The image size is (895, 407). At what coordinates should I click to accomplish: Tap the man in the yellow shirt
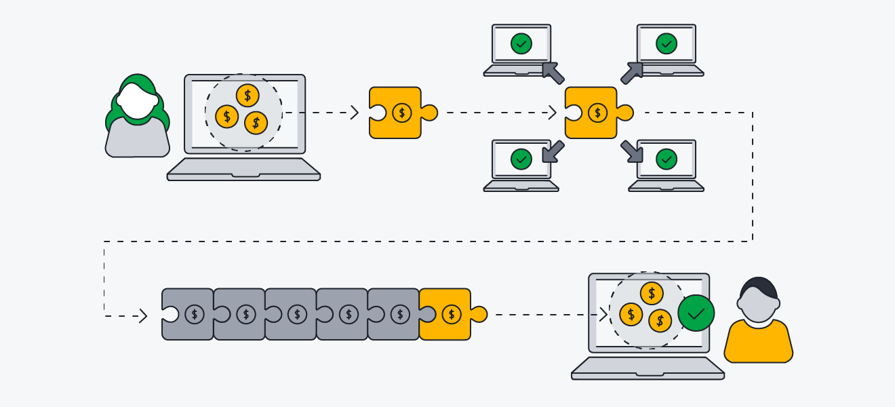pos(758,322)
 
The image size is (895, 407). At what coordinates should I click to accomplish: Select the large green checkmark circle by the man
pos(696,313)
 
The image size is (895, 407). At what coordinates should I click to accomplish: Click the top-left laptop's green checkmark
pos(521,44)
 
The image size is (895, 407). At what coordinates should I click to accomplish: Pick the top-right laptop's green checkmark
pos(667,44)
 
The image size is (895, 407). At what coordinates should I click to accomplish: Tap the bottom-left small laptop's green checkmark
pos(521,159)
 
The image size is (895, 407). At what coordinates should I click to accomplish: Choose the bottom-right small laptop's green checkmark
pos(667,159)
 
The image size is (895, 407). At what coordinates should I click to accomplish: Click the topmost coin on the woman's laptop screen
pos(247,96)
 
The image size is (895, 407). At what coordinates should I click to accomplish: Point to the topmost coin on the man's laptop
pos(652,293)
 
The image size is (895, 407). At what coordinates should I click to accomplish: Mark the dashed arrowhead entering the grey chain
pos(142,315)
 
